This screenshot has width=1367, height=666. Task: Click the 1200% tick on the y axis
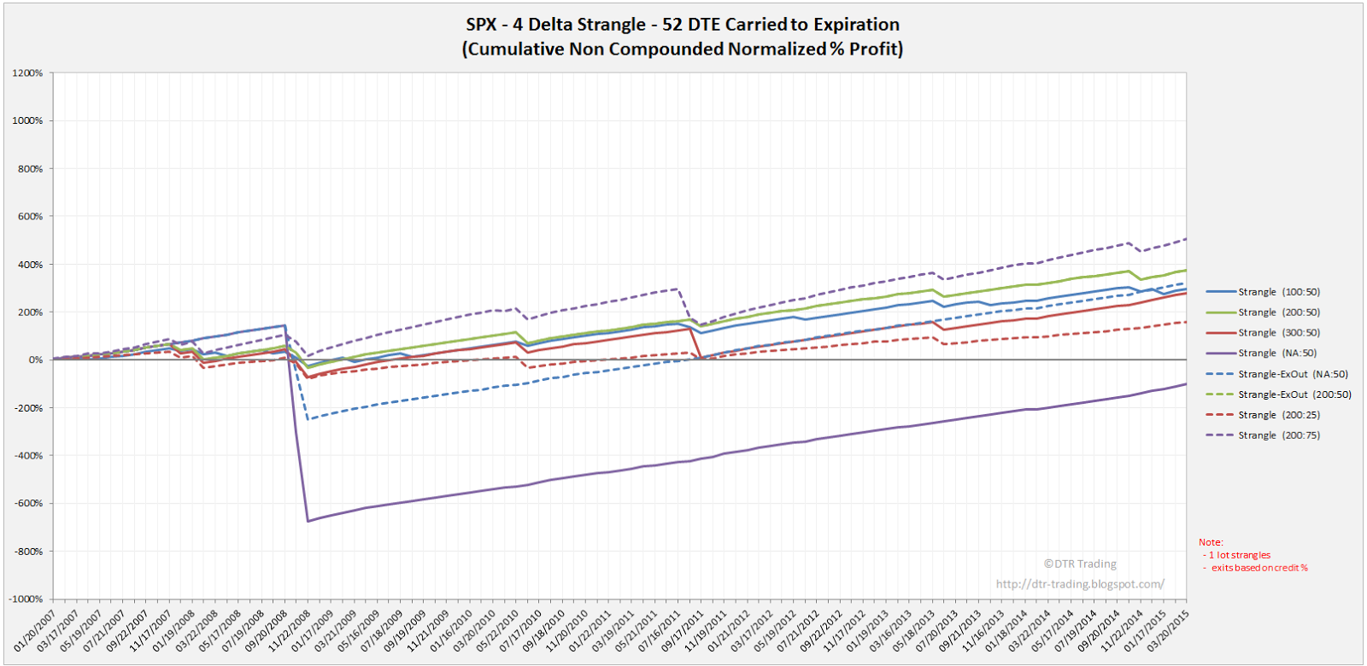point(28,73)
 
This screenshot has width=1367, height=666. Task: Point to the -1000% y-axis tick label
point(26,599)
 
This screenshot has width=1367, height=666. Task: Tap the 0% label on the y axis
point(35,360)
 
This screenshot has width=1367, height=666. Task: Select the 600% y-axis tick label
point(30,217)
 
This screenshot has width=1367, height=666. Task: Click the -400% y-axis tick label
point(28,456)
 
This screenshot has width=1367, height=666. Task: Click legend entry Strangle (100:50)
point(1278,292)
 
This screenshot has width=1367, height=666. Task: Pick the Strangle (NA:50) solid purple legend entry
point(1276,353)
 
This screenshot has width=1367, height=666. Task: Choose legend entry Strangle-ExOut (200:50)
point(1294,394)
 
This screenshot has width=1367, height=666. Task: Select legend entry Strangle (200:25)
point(1278,415)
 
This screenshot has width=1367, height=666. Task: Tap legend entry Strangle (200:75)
point(1278,435)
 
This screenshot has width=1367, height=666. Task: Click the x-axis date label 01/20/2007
point(36,632)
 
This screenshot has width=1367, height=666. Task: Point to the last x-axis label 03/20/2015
point(1168,632)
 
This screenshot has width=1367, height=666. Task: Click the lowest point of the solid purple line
point(308,521)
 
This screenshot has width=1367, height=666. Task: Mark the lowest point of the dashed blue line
point(308,419)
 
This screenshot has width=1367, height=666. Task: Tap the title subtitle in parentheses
point(682,49)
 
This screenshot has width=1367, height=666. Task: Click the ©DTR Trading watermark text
point(1079,564)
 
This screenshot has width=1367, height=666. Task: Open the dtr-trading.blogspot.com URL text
point(1079,584)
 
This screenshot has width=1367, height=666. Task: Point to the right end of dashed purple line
point(1186,239)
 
